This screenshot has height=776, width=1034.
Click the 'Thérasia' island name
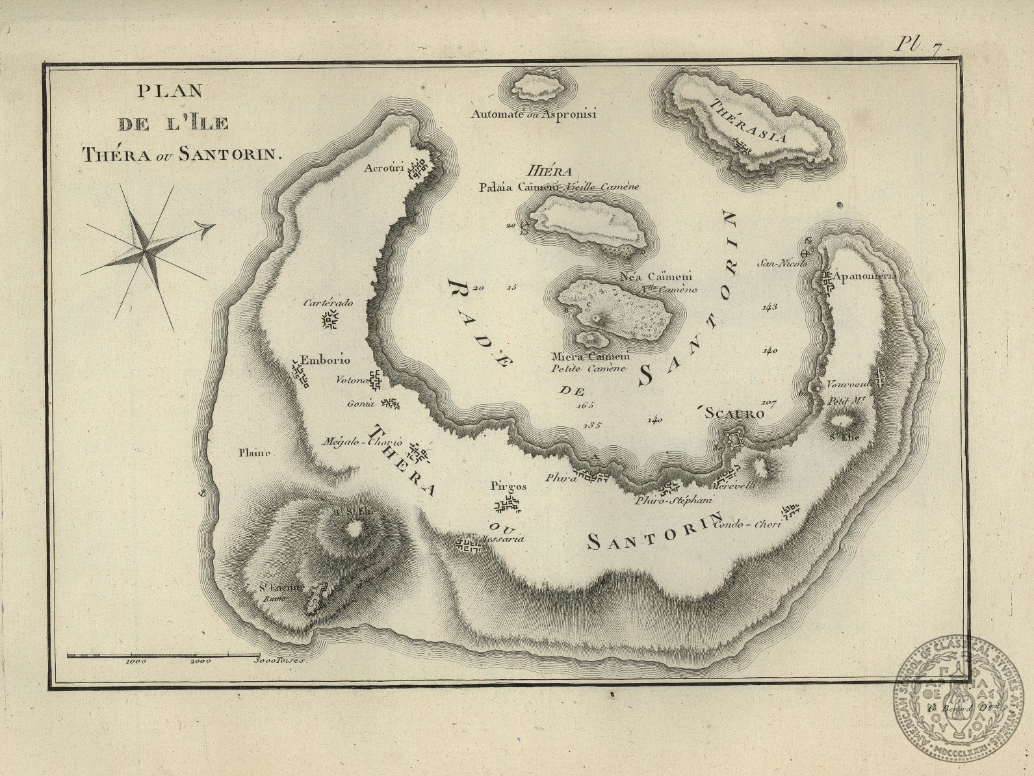pyautogui.click(x=749, y=120)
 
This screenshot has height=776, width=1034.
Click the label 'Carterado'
pyautogui.click(x=328, y=303)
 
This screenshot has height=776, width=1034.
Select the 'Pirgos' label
pyautogui.click(x=509, y=486)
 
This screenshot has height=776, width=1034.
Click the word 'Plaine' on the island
pyautogui.click(x=253, y=453)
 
